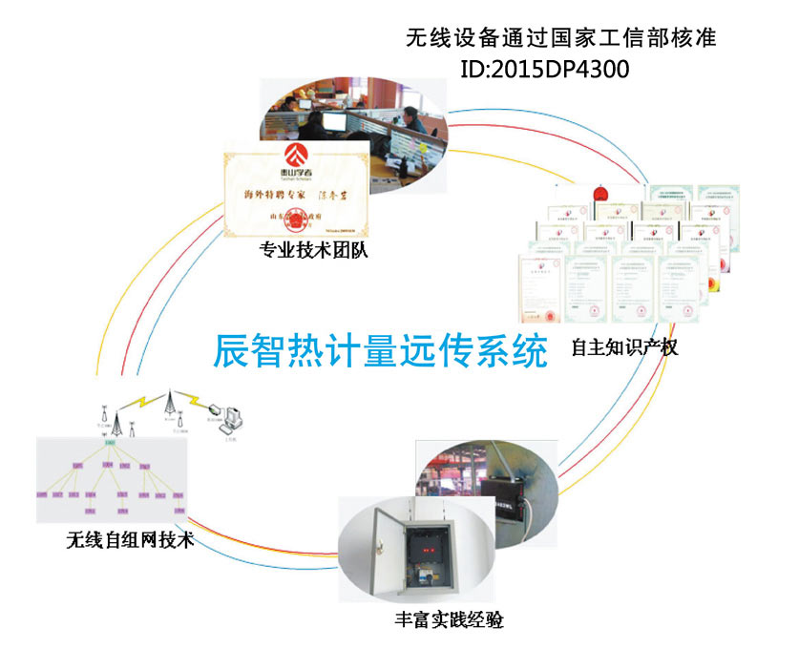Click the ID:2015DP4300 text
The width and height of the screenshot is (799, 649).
tap(545, 70)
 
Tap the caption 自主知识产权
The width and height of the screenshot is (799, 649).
tap(624, 346)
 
